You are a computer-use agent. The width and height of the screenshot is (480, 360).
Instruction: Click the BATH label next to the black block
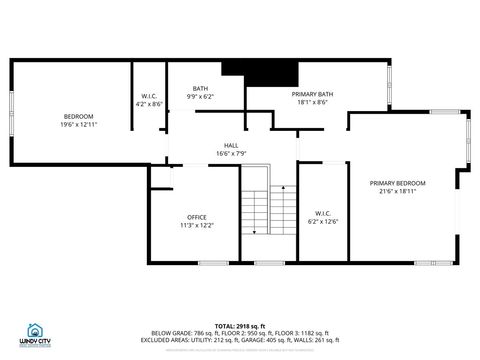point(201,88)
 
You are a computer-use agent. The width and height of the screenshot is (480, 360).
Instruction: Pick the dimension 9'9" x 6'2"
point(201,96)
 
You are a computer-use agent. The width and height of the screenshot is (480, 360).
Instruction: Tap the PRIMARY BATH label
point(309,94)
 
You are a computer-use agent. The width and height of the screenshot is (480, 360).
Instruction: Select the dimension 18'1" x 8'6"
point(309,102)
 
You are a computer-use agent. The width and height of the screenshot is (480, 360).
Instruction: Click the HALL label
point(231,145)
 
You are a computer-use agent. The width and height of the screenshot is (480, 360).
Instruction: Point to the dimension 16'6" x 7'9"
point(231,153)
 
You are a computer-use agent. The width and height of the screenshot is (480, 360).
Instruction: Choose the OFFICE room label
point(196,217)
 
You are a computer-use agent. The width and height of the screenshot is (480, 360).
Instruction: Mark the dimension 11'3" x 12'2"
point(196,225)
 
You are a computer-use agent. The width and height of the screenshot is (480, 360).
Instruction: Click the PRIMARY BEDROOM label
point(397,183)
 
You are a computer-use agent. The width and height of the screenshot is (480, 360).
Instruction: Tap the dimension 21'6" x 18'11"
point(397,191)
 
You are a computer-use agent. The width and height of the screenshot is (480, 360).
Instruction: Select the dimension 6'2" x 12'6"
point(323,220)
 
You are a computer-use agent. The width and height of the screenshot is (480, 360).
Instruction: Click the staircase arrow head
point(255,232)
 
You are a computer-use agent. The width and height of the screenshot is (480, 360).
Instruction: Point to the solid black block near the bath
point(260,74)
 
